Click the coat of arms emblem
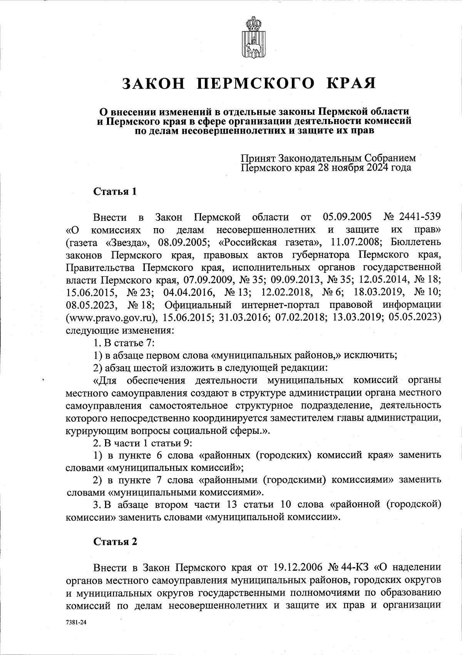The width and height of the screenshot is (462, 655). pos(251,37)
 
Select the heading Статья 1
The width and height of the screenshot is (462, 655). pos(115,191)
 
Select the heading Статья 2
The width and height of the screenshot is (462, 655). pos(115,541)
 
